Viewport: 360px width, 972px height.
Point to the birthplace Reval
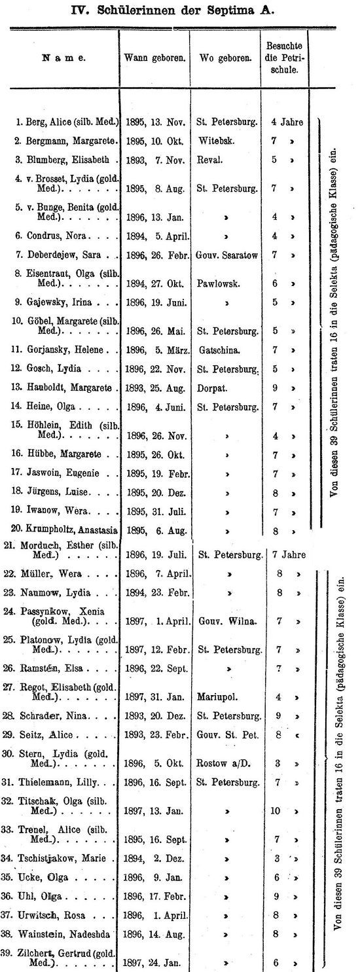pyautogui.click(x=210, y=159)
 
